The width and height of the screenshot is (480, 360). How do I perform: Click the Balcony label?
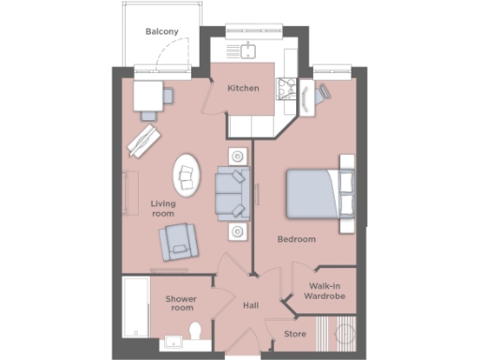pyautogui.click(x=162, y=32)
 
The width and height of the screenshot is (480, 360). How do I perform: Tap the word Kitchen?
pyautogui.click(x=243, y=88)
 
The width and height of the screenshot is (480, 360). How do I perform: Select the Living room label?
pyautogui.click(x=164, y=208)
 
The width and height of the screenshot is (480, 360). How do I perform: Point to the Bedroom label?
pyautogui.click(x=296, y=239)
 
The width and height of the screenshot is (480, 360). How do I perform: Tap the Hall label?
pyautogui.click(x=250, y=305)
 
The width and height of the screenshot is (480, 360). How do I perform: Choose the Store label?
pyautogui.click(x=294, y=333)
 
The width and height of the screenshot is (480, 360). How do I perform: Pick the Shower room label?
pyautogui.click(x=180, y=303)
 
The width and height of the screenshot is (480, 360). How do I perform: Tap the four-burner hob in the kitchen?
pyautogui.click(x=286, y=89)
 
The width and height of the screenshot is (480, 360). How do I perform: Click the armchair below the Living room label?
pyautogui.click(x=177, y=242)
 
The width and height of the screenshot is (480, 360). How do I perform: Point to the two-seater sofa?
pyautogui.click(x=231, y=191)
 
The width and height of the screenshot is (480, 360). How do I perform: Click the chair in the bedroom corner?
pyautogui.click(x=323, y=92)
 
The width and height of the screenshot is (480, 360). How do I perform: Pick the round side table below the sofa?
pyautogui.click(x=238, y=231)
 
